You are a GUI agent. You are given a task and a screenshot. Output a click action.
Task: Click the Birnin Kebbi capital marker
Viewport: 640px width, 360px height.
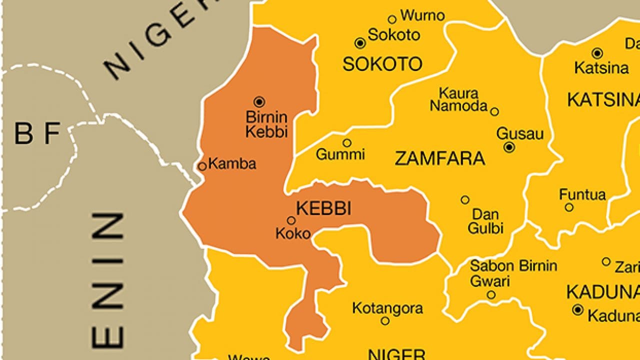click(x=259, y=102)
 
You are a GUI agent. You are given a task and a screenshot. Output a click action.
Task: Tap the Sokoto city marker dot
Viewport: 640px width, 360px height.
click(x=360, y=43)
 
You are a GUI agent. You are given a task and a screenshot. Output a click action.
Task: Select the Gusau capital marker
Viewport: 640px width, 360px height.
click(x=509, y=147)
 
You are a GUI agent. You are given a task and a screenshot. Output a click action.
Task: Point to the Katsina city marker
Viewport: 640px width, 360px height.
click(x=597, y=53)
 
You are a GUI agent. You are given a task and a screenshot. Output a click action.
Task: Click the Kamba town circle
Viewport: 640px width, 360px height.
click(x=202, y=166)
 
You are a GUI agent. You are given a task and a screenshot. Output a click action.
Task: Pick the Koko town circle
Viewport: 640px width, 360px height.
click(x=291, y=220)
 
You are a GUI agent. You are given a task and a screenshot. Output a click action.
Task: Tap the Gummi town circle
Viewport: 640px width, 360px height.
click(x=346, y=143)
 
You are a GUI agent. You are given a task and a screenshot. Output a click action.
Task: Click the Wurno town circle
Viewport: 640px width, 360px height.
click(x=392, y=19)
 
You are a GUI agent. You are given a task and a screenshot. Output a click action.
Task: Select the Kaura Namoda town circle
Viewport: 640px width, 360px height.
click(x=494, y=111)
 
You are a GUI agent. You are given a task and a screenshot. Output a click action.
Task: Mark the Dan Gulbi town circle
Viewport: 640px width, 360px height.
click(x=465, y=200)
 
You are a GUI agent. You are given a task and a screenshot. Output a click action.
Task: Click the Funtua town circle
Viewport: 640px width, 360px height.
click(x=569, y=207)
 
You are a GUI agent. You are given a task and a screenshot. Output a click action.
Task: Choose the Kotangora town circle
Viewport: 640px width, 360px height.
click(x=385, y=321)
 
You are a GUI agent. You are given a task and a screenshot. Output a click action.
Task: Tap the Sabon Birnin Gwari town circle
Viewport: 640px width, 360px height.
click(x=491, y=295)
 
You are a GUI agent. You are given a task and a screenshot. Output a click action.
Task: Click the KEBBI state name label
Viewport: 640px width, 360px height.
click(x=323, y=208)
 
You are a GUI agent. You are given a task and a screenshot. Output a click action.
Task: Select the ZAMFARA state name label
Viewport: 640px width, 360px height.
click(x=439, y=158)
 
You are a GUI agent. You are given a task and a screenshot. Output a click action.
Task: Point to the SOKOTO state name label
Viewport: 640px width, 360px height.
click(x=382, y=64)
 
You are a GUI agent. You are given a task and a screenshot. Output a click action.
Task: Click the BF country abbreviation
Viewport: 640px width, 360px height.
click(x=37, y=133)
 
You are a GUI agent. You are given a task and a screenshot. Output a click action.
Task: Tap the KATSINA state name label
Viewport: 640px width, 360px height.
click(x=602, y=100)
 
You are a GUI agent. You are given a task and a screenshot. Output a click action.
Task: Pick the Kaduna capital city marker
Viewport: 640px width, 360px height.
click(x=577, y=310)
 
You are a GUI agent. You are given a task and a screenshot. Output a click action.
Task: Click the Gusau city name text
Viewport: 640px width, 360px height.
click(x=519, y=133)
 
